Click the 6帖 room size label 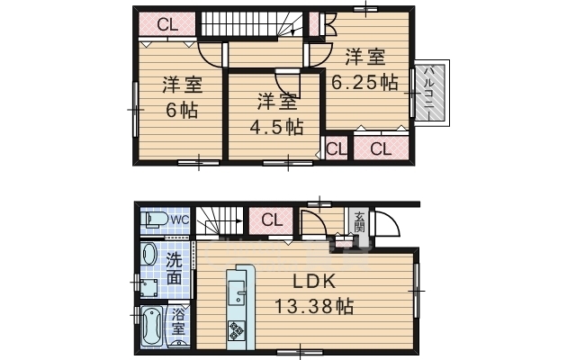182,110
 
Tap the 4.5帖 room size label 276,128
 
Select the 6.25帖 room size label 364,83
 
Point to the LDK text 314,282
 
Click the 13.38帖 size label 314,306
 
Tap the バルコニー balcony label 429,92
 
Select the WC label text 180,220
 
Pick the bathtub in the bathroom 152,327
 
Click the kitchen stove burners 236,330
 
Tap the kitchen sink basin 236,292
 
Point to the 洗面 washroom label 174,269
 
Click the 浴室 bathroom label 178,321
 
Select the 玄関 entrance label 359,221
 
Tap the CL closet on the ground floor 272,220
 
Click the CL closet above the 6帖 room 167,24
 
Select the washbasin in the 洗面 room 149,255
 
